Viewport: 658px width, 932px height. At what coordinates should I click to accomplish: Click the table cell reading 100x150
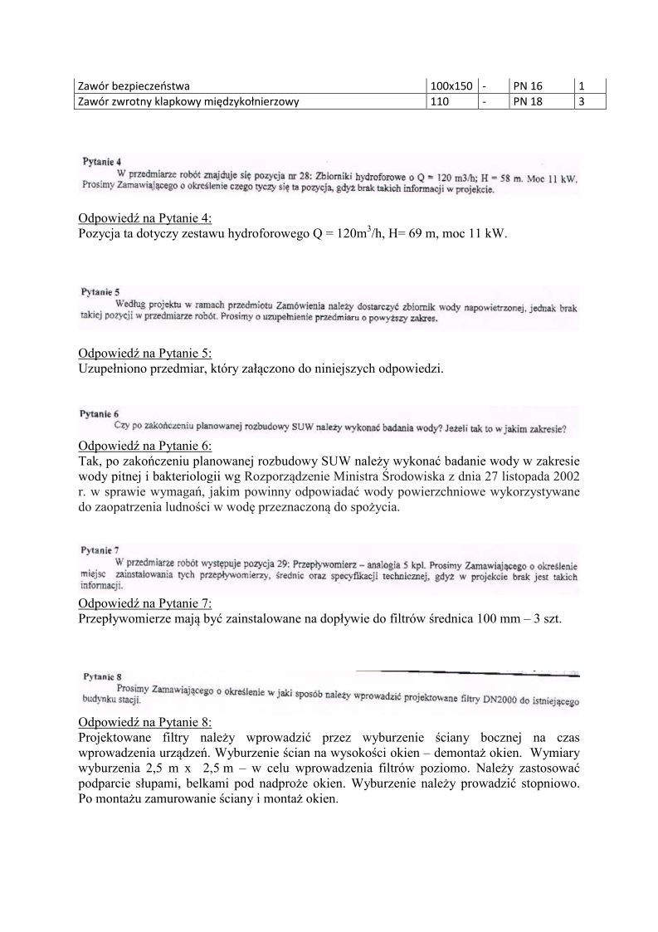click(451, 85)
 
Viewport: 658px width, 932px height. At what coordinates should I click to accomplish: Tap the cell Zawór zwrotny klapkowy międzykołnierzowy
click(188, 101)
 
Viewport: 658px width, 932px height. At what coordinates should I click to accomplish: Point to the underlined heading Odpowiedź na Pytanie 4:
click(145, 219)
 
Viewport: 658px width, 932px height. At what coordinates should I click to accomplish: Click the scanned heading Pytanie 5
click(100, 292)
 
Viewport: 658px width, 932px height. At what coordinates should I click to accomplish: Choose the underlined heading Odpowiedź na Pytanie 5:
click(145, 353)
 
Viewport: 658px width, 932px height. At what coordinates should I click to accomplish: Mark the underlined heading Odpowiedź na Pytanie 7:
click(145, 603)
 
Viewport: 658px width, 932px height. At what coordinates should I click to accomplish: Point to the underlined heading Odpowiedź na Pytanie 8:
click(145, 721)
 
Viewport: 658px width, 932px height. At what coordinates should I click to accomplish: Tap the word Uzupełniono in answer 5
click(112, 368)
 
